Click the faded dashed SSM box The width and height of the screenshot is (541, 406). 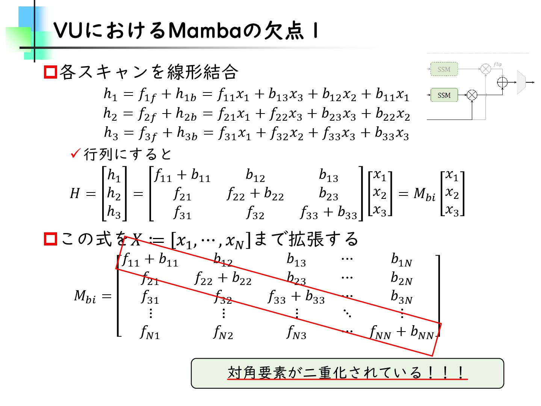click(444, 69)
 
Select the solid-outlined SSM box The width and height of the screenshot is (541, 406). click(444, 95)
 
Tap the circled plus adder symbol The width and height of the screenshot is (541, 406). click(502, 82)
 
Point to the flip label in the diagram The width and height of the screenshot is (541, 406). click(497, 64)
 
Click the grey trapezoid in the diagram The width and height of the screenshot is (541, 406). click(521, 82)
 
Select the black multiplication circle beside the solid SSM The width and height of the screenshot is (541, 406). click(472, 95)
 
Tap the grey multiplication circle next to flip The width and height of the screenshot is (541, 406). click(485, 69)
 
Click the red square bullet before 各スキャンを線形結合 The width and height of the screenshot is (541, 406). click(50, 72)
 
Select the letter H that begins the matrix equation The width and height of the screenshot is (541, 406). click(75, 194)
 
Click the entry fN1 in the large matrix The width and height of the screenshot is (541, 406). click(150, 332)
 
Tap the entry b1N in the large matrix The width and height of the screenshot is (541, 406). click(401, 259)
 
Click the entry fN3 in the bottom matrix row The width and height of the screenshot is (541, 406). click(296, 332)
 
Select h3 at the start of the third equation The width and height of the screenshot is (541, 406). click(111, 133)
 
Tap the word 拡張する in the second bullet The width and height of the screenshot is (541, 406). click(324, 239)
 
